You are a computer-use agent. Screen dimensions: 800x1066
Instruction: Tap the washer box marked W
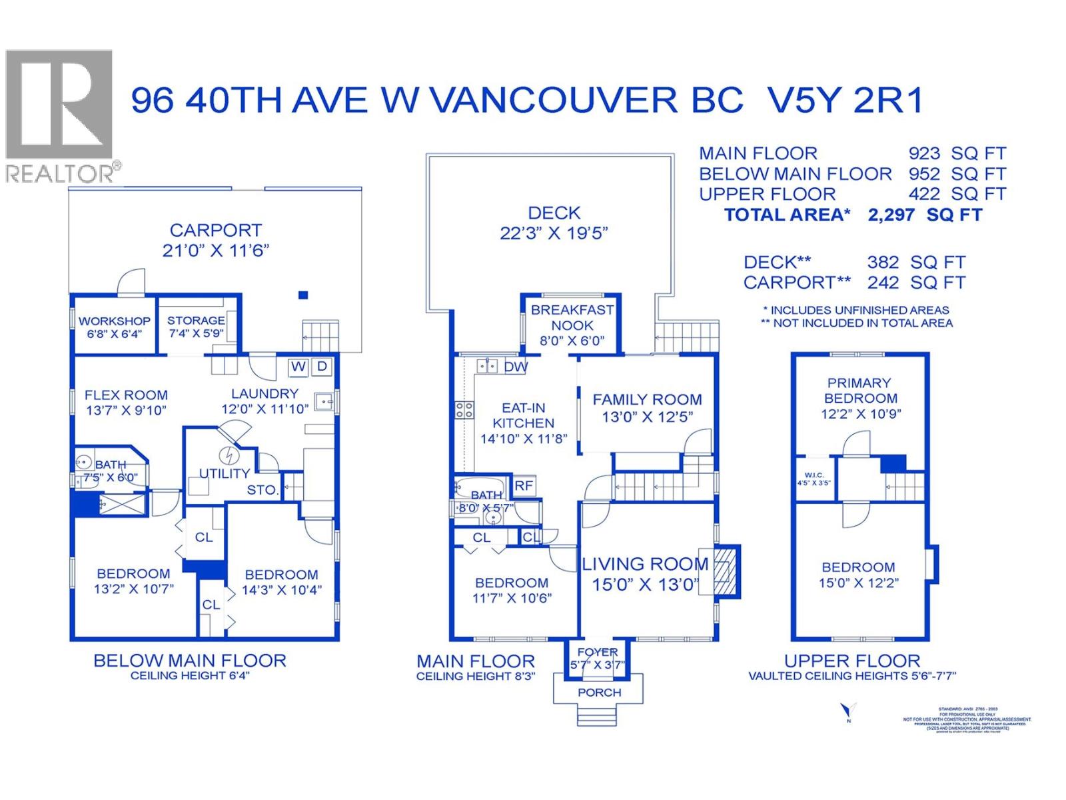coord(298,367)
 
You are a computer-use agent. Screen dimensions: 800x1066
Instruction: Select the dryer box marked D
coord(322,367)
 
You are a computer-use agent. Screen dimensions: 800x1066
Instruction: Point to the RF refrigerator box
coord(524,485)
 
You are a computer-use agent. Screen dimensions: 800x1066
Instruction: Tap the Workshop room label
coord(115,321)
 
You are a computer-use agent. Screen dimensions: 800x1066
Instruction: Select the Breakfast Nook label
coord(572,317)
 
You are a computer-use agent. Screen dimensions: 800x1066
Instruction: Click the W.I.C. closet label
coord(813,475)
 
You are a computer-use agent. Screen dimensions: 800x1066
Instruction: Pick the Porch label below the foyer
coord(599,693)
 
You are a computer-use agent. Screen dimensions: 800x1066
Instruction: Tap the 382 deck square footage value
coord(883,263)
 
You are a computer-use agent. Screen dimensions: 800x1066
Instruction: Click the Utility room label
coord(225,473)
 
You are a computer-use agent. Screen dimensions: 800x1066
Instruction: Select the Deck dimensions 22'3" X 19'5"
coord(554,234)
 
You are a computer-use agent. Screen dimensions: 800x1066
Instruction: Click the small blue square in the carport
coord(303,295)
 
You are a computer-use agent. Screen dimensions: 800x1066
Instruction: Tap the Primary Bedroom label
coord(859,391)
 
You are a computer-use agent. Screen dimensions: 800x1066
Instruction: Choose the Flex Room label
coord(126,395)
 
